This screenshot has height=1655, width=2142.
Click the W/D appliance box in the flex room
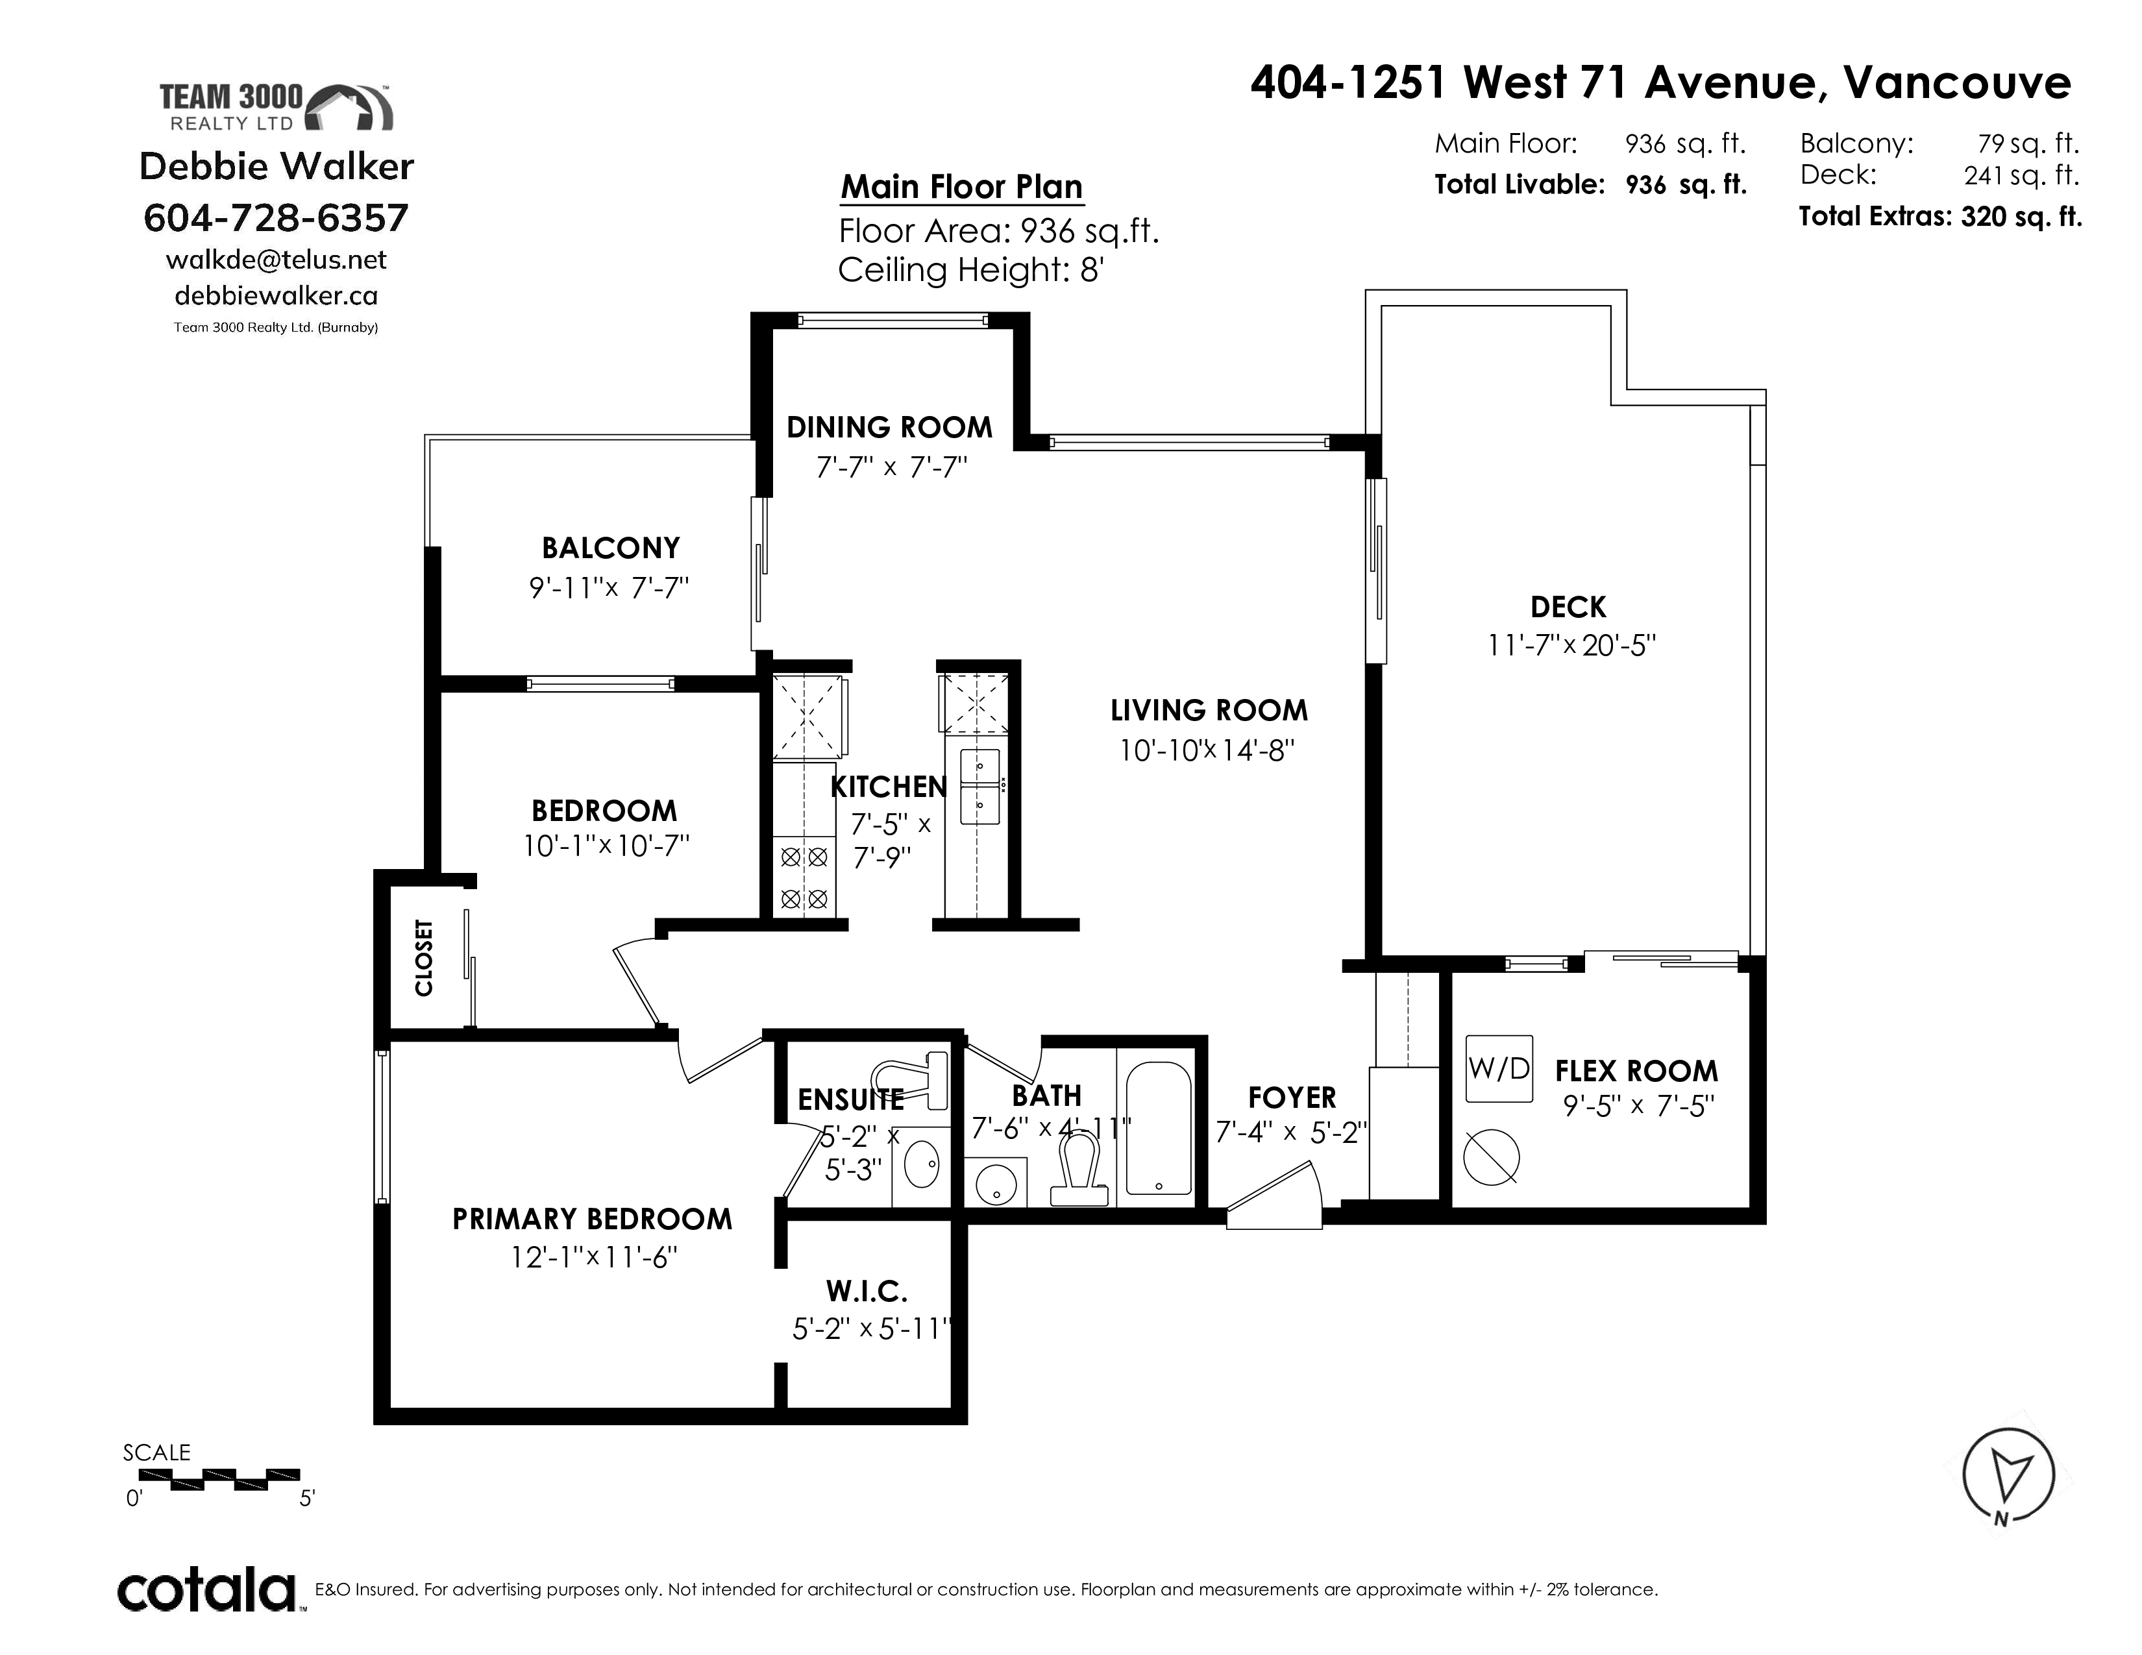point(1499,1069)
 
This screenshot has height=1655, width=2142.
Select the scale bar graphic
point(236,1480)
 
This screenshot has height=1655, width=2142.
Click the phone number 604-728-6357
point(276,217)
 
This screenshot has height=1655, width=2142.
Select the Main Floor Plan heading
point(962,186)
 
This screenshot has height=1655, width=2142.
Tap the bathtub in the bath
point(1159,1129)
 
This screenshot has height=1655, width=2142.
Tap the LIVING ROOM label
point(1209,710)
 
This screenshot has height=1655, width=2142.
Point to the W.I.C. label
point(867,1290)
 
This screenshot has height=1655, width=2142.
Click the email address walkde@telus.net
point(277,260)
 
